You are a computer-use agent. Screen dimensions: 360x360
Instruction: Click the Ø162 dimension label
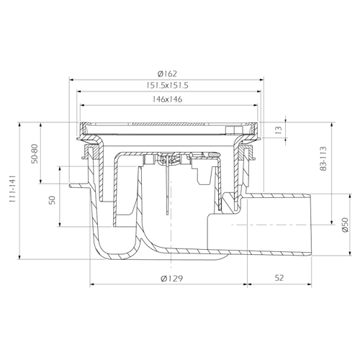tap(167, 73)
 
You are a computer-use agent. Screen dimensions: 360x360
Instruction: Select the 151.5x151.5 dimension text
tap(167, 86)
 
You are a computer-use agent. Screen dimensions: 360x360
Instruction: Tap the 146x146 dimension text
tap(167, 99)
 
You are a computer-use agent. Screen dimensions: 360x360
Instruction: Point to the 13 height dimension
tap(279, 130)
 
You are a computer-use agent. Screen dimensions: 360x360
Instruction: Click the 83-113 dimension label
tap(323, 158)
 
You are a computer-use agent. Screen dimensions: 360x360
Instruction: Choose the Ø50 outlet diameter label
tap(345, 225)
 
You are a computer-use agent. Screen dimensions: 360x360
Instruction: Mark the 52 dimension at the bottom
tap(279, 278)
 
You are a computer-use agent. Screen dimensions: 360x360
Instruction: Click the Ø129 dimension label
tap(172, 279)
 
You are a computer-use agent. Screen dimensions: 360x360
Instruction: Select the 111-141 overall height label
tap(12, 189)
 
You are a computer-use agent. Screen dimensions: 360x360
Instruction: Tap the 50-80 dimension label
tap(35, 153)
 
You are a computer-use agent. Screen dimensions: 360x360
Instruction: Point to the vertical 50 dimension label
tap(53, 200)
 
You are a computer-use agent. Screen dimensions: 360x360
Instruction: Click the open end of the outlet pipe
tap(311, 225)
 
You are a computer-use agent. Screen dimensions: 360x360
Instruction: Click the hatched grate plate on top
tap(168, 125)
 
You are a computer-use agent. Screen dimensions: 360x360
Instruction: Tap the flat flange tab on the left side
tap(78, 186)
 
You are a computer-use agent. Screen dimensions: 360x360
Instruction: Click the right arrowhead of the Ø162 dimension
tap(261, 80)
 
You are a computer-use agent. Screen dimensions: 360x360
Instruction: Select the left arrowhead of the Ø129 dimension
tap(93, 284)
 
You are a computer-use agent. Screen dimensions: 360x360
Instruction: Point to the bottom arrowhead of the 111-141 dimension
tap(19, 256)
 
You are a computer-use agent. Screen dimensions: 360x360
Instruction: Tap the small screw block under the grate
tap(231, 130)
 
